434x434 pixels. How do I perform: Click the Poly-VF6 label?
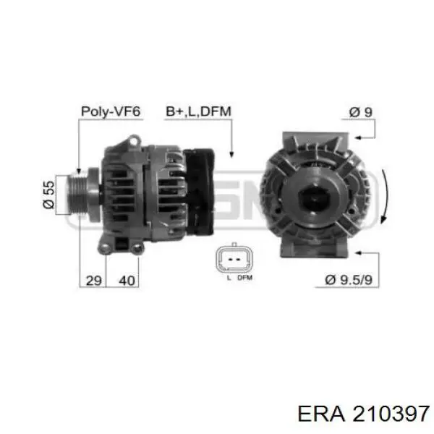point(111,111)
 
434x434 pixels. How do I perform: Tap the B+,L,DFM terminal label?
point(198,111)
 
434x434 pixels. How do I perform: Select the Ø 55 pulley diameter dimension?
point(48,195)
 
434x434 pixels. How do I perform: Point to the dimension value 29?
point(94,281)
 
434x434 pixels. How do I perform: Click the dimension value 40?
point(127,281)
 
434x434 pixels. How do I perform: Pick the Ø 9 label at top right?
point(360,112)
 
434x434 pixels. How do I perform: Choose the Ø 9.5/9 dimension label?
point(349,280)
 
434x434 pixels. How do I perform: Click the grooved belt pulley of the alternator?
point(77,195)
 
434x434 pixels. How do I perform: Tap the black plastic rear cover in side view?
point(199,192)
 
